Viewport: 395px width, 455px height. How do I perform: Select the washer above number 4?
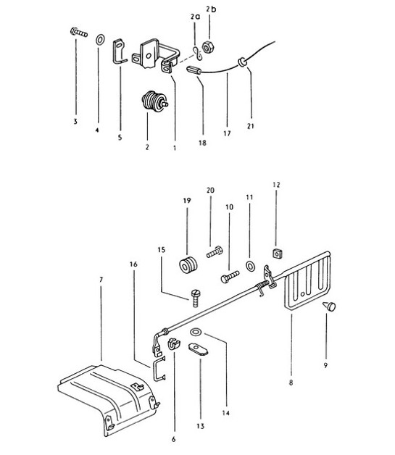click(x=99, y=36)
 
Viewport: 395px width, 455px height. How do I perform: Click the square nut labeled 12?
click(x=276, y=253)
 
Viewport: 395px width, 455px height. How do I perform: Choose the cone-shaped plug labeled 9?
click(x=328, y=308)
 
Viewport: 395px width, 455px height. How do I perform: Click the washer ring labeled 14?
click(x=196, y=333)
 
